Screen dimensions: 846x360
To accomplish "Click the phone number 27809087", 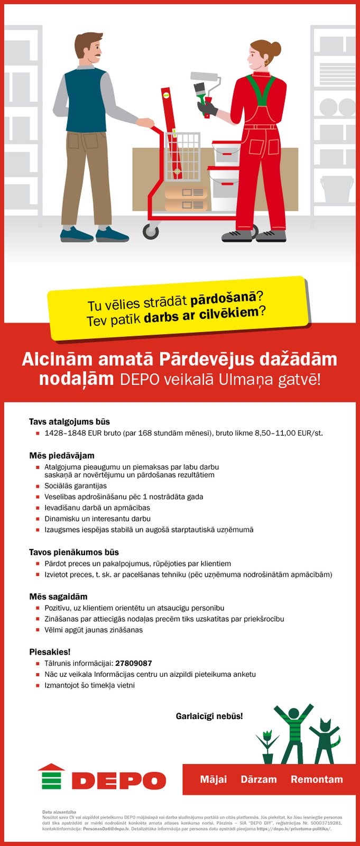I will [x=133, y=663].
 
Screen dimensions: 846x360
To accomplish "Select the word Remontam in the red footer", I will [x=317, y=779].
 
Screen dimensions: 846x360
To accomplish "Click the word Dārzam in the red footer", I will [x=259, y=779].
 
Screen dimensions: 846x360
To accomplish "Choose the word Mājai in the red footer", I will [x=214, y=779].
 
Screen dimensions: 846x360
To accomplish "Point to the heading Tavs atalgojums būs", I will [x=69, y=421].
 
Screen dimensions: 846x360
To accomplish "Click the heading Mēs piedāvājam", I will [x=61, y=455].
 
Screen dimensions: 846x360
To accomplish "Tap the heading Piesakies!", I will [x=50, y=652].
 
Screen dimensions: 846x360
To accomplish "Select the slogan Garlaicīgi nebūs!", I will [x=209, y=716].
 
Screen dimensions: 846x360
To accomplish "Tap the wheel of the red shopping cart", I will [x=151, y=231].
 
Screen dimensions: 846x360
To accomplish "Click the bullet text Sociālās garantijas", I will [x=76, y=486].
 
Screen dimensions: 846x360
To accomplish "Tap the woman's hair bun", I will [x=276, y=48].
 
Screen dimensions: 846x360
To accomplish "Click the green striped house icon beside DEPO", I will [x=51, y=777].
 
